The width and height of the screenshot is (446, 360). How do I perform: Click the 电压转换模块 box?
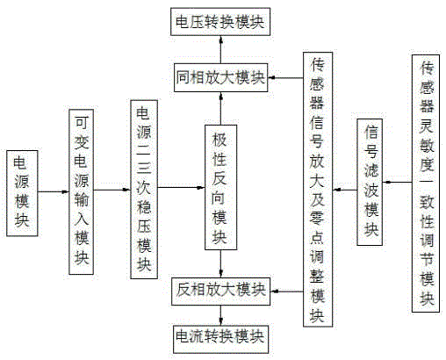click(220, 22)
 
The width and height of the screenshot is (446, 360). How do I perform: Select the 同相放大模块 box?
click(221, 77)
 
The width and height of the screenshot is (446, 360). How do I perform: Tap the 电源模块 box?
click(22, 193)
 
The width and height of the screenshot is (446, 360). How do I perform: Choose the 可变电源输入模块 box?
click(81, 192)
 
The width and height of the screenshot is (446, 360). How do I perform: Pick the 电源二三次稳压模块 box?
click(144, 190)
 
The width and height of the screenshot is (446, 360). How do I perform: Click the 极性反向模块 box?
click(220, 187)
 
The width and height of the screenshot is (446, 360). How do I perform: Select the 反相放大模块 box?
click(220, 292)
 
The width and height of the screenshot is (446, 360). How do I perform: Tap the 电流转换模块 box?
click(220, 339)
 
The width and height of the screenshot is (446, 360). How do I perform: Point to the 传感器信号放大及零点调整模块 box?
click(318, 190)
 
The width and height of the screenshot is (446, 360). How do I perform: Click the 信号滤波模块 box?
click(370, 182)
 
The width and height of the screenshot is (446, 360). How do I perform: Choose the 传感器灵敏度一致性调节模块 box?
click(426, 184)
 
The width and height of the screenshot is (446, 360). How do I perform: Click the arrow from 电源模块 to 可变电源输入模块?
click(54, 192)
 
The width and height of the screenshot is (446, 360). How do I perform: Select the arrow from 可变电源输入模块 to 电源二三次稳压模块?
click(112, 190)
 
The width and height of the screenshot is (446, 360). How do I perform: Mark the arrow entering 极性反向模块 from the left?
click(181, 188)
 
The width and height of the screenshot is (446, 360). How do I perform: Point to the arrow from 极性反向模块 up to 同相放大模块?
click(220, 109)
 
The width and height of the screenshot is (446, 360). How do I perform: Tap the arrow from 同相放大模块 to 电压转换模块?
click(220, 50)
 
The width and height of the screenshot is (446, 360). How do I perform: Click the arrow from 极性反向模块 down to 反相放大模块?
click(221, 263)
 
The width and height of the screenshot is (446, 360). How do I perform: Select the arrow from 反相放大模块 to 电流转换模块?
click(221, 315)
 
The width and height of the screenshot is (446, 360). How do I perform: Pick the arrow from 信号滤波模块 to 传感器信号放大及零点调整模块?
click(345, 190)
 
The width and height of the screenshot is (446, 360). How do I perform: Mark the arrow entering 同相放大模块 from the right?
click(285, 78)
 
